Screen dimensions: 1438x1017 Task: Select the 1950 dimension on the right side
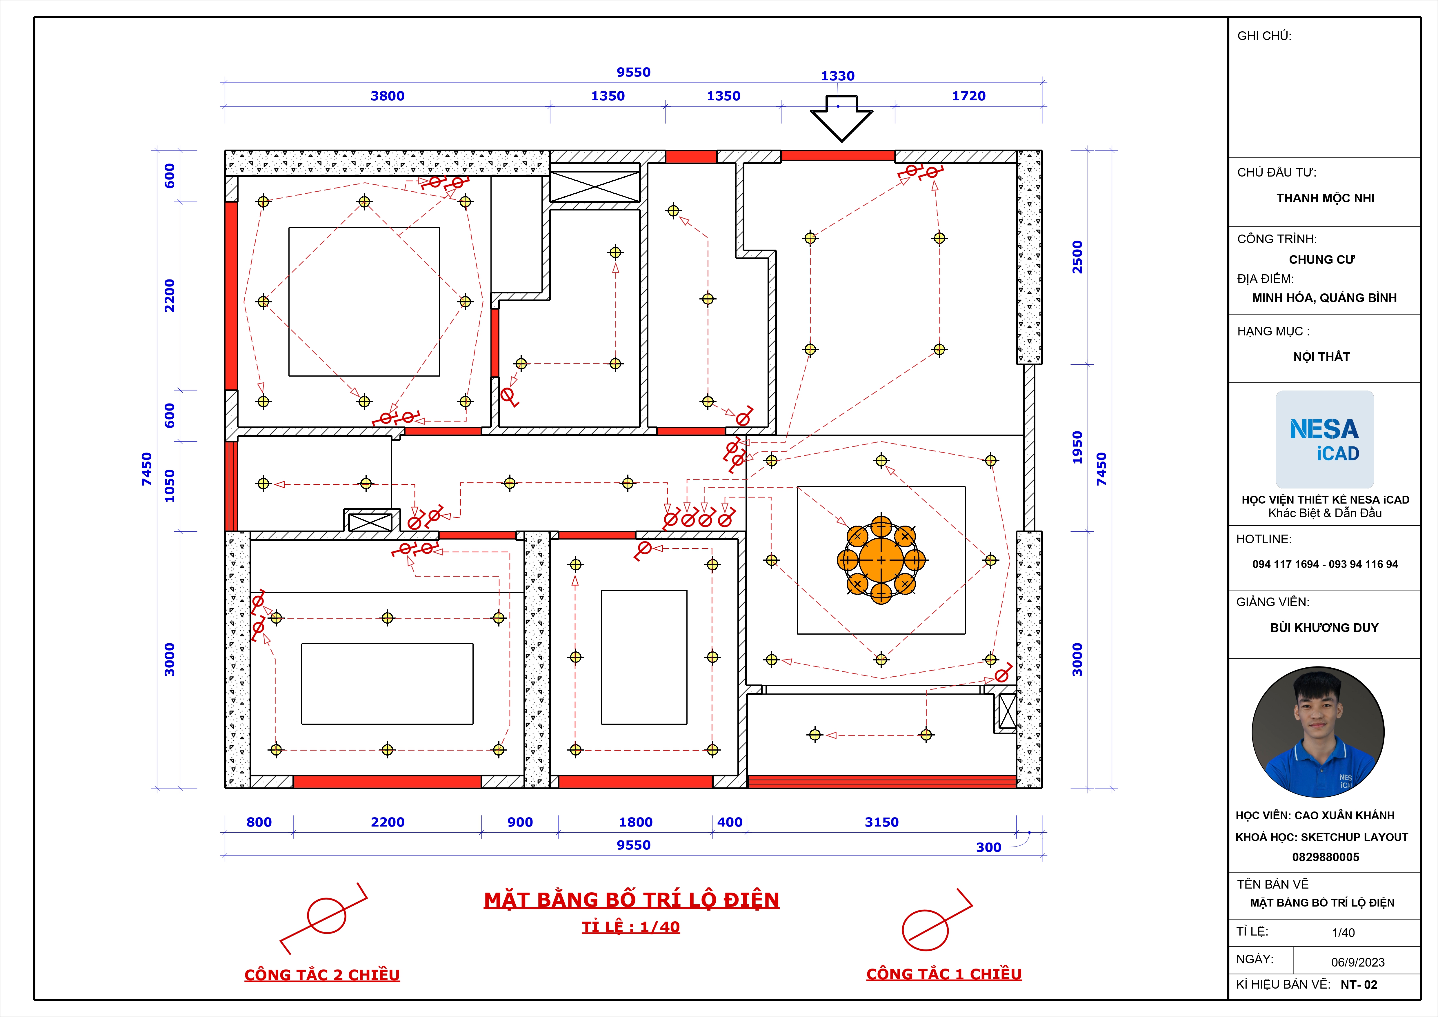[x=1077, y=448]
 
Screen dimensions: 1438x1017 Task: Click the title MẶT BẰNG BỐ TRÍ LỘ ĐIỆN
[x=631, y=900]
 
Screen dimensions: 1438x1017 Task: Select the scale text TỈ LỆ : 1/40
[x=631, y=927]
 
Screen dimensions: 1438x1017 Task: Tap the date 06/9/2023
[x=1358, y=962]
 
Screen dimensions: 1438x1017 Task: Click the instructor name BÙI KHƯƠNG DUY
[x=1324, y=627]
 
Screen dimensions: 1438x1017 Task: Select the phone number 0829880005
[x=1325, y=857]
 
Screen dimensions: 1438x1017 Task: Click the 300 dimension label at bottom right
[x=988, y=847]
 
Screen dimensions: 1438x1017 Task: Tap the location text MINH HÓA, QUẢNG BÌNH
[x=1324, y=298]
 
